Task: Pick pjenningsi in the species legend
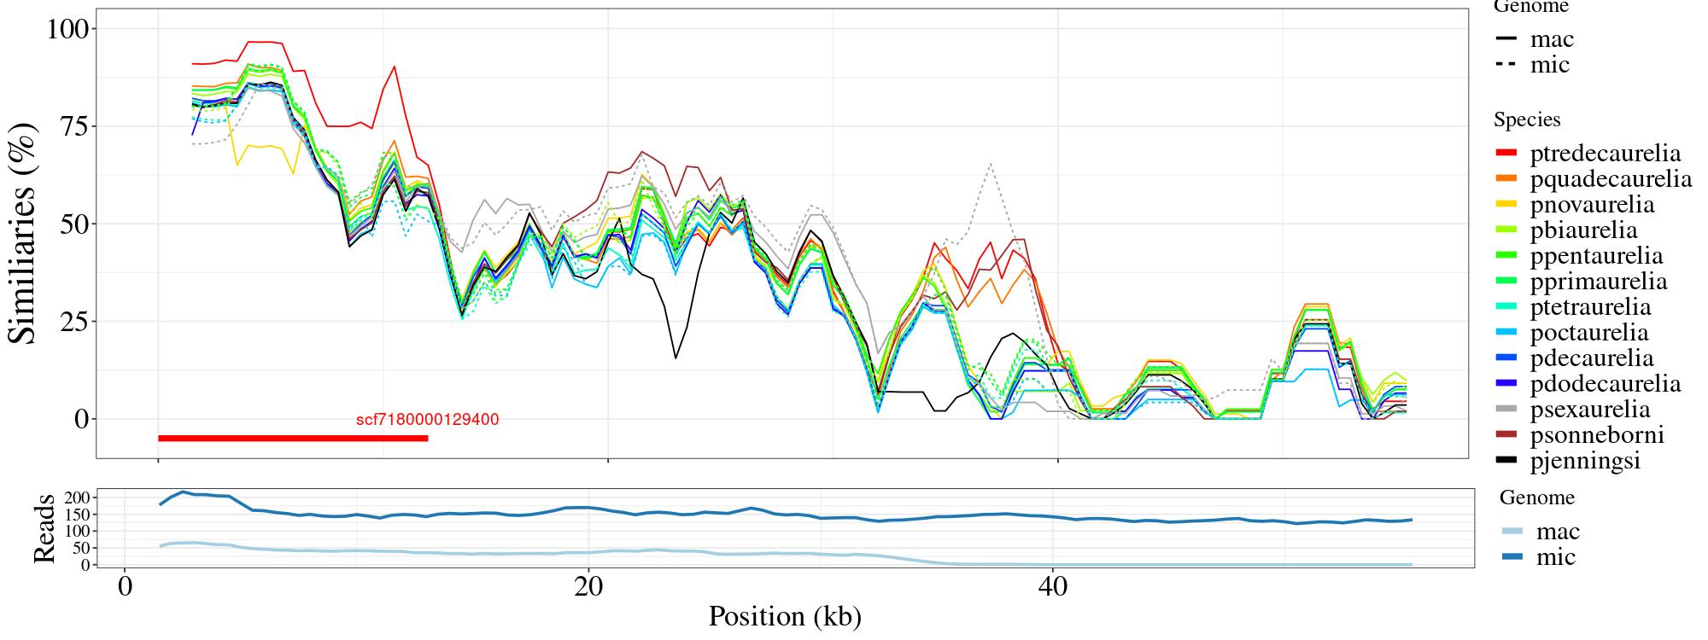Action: [1585, 461]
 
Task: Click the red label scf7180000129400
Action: [427, 420]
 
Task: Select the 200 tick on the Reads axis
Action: [77, 497]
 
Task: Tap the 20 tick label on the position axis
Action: [588, 588]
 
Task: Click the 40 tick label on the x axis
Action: [1053, 588]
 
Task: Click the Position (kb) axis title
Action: [785, 616]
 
